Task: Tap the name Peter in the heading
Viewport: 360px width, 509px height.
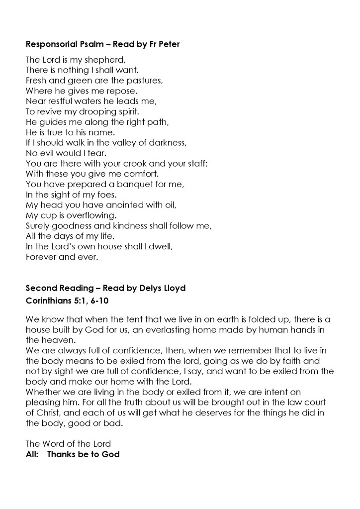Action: click(169, 44)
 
